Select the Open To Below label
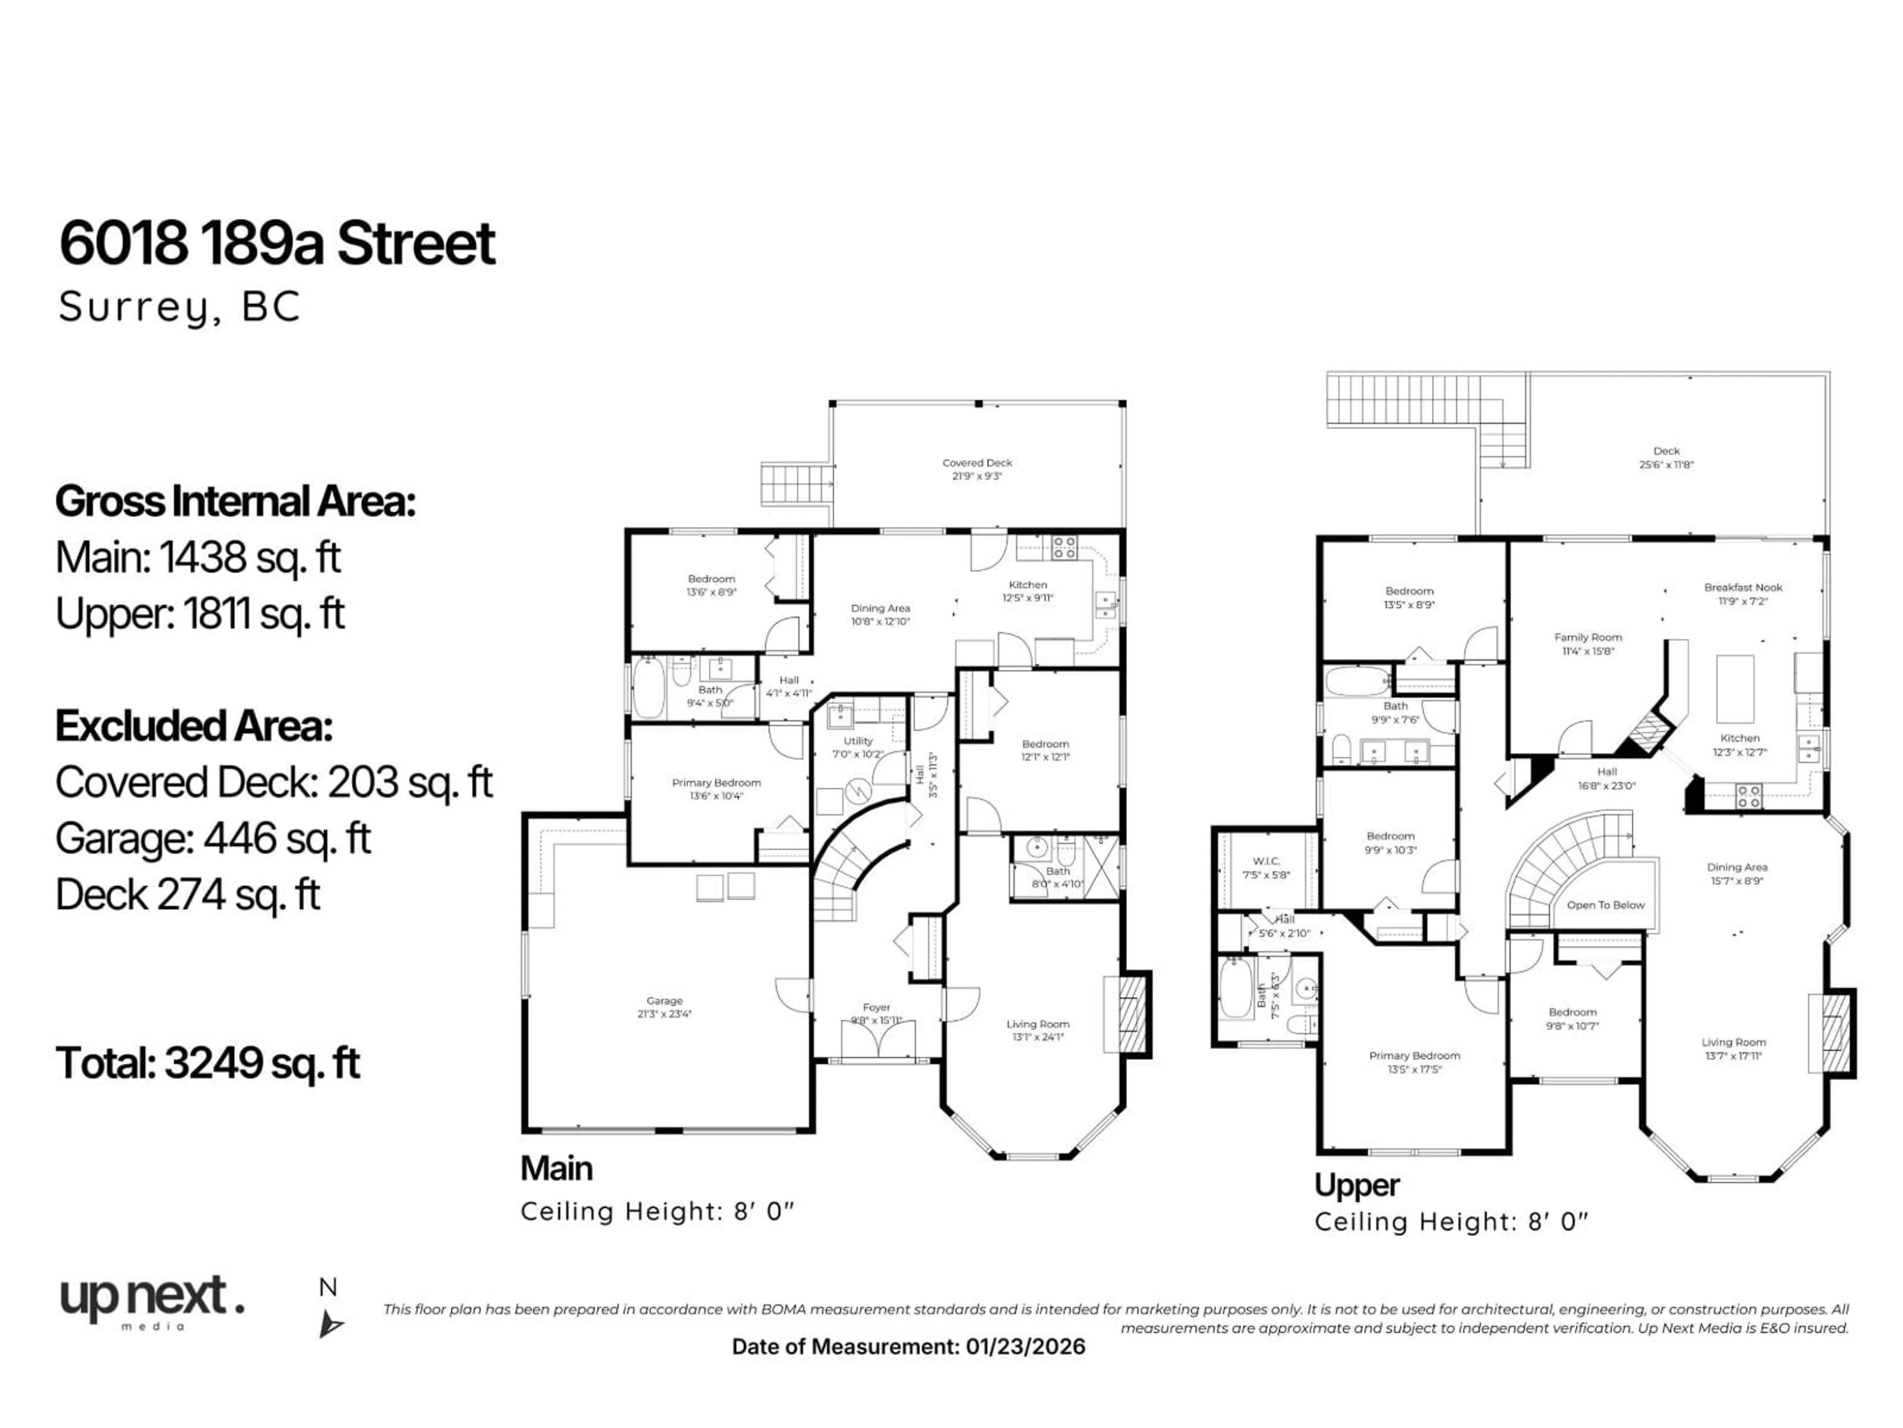pyautogui.click(x=1605, y=905)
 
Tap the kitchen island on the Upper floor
pyautogui.click(x=1735, y=689)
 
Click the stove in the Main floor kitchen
pyautogui.click(x=1064, y=547)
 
